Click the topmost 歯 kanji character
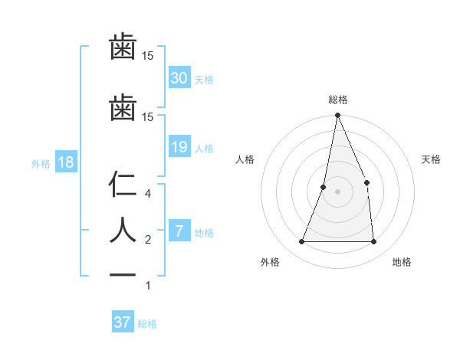pyautogui.click(x=123, y=47)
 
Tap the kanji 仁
pyautogui.click(x=123, y=185)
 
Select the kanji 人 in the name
pyautogui.click(x=123, y=231)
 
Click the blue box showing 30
pyautogui.click(x=179, y=78)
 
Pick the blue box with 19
pyautogui.click(x=179, y=147)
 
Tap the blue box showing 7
pyautogui.click(x=179, y=231)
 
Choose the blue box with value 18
pyautogui.click(x=65, y=162)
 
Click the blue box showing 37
pyautogui.click(x=123, y=322)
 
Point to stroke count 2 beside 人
pyautogui.click(x=149, y=240)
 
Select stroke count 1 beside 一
pyautogui.click(x=149, y=286)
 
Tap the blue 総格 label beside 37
pyautogui.click(x=147, y=324)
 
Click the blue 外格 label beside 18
pyautogui.click(x=40, y=163)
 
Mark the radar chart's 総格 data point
pyautogui.click(x=337, y=116)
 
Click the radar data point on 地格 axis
pyautogui.click(x=373, y=242)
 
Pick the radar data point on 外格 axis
pyautogui.click(x=301, y=242)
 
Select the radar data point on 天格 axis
pyautogui.click(x=366, y=182)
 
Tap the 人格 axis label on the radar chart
pyautogui.click(x=245, y=159)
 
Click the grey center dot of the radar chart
pyautogui.click(x=337, y=191)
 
